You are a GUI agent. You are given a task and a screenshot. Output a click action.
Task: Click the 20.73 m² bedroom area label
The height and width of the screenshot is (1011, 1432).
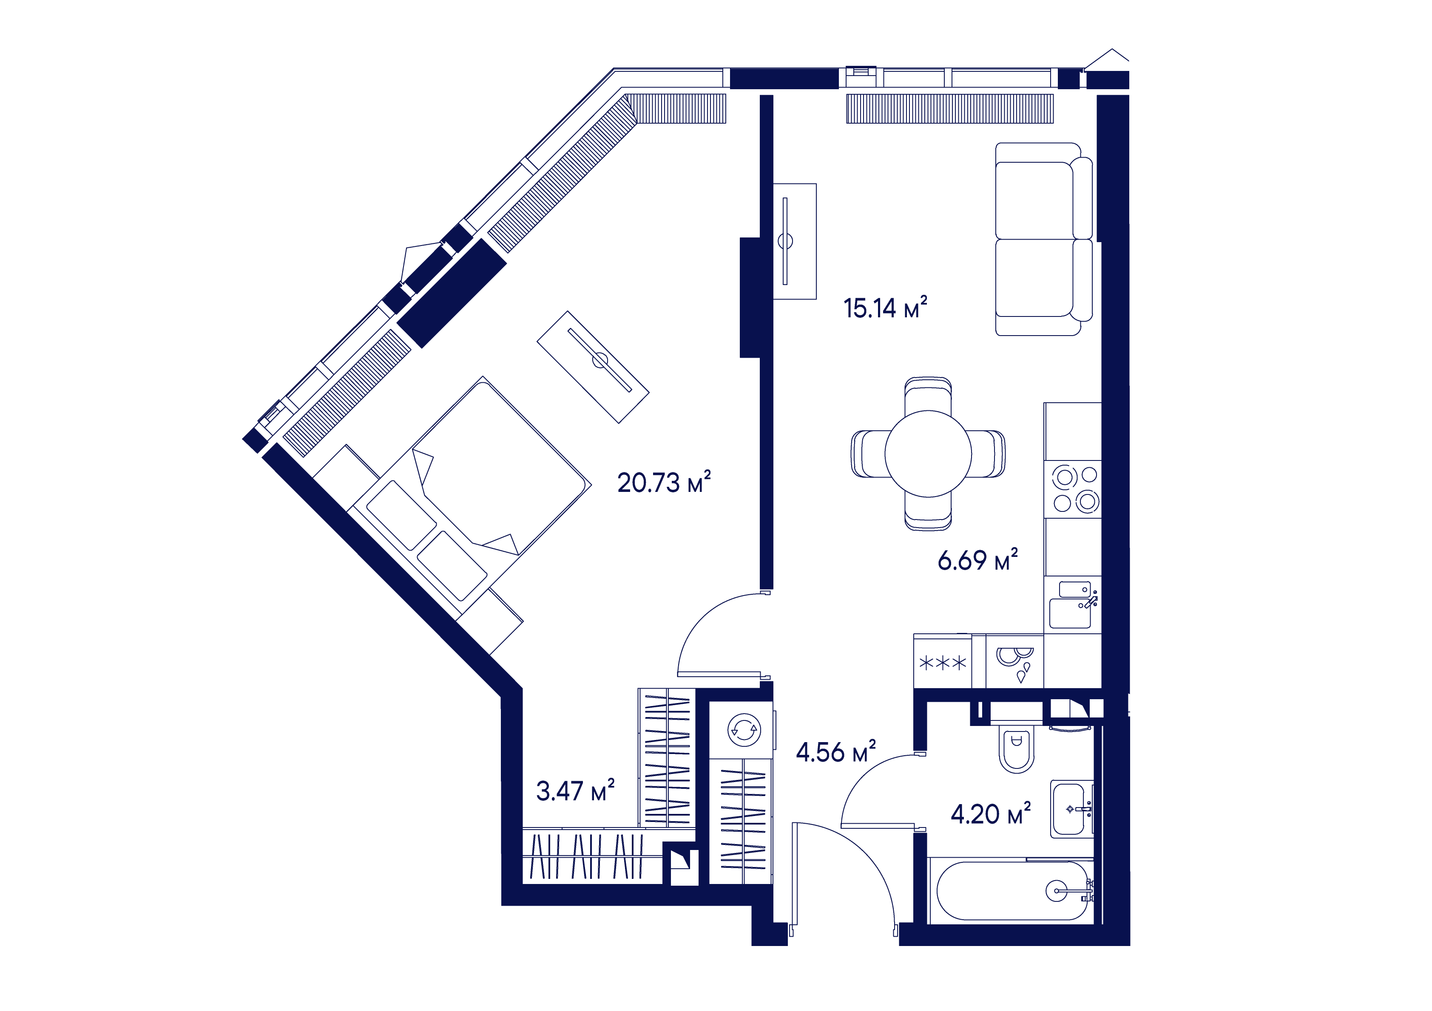point(664,483)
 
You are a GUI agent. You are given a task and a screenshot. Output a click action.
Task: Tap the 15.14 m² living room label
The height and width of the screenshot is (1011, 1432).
point(885,308)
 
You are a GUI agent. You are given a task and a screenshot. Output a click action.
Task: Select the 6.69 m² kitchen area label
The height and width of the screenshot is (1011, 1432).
point(977,560)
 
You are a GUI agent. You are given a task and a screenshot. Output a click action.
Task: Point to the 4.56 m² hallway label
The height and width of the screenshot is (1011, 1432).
point(836,752)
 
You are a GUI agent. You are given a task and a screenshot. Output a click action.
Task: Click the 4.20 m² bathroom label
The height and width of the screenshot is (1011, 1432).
point(990,814)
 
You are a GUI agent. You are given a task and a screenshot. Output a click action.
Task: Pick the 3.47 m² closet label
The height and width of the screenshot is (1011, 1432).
point(575,791)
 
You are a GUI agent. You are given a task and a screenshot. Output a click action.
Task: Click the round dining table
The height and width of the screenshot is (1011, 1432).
point(928,454)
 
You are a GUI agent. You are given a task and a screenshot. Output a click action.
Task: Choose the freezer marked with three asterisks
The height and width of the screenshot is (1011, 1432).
point(942,662)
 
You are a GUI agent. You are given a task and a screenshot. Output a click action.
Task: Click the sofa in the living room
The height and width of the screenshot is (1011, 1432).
point(1043,239)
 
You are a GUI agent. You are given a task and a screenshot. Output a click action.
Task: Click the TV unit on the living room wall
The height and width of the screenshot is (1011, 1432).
point(795,241)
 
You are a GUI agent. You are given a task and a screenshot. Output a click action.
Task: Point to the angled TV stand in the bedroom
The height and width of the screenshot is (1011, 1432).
point(593,367)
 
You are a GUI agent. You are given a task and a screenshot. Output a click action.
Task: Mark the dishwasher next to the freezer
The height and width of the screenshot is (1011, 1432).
point(1015,662)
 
